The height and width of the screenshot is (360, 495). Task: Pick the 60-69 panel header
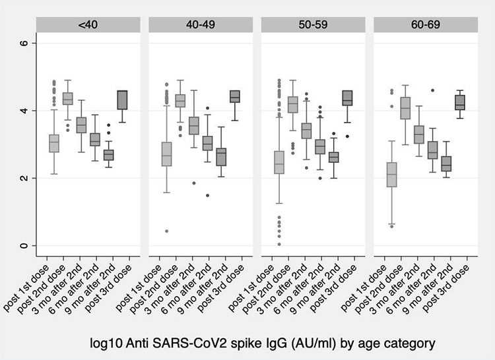coord(424,25)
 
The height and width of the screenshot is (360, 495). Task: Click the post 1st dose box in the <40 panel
coord(53,143)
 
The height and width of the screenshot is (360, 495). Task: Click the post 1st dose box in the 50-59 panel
coord(279,162)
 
